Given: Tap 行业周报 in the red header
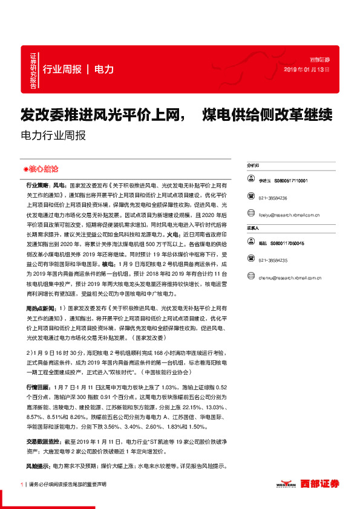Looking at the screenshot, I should [62, 69].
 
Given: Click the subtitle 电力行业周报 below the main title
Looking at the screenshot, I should [53, 135].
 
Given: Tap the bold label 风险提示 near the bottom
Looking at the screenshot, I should [38, 466].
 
